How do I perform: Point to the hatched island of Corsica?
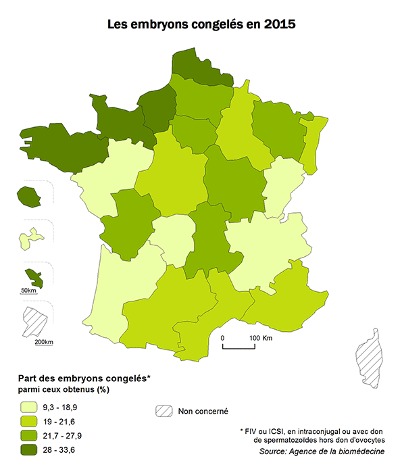368,355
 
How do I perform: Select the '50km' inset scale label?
28,290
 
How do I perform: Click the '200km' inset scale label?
43,341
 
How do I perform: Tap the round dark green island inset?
28,197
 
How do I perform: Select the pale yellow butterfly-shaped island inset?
30,237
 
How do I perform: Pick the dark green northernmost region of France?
200,66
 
